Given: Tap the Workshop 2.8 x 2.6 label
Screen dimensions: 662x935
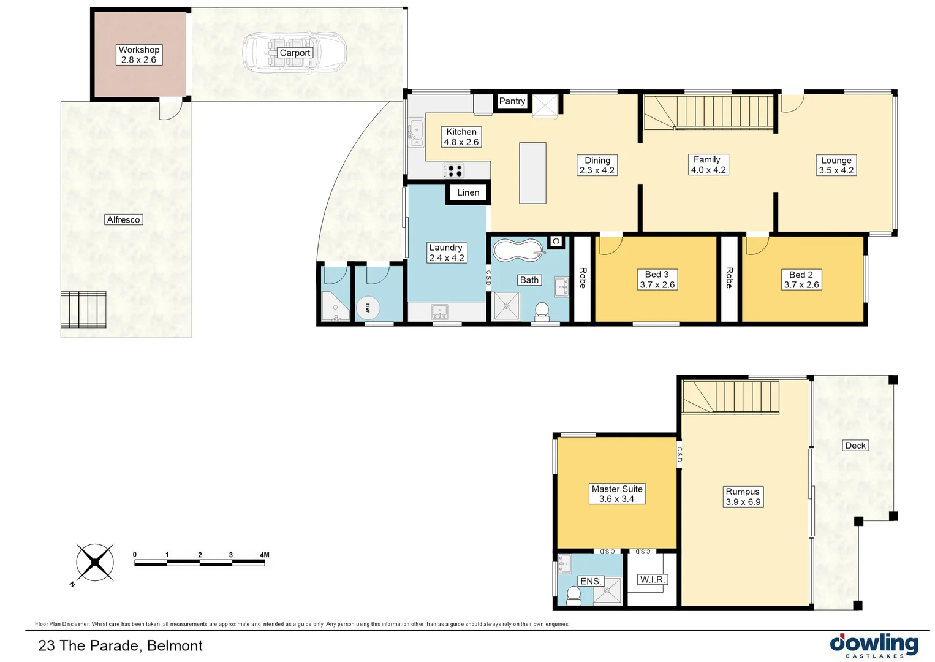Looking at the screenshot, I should point(139,55).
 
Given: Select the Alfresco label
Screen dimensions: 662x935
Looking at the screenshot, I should point(123,219).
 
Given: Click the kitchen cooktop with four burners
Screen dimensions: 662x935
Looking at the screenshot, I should point(453,170).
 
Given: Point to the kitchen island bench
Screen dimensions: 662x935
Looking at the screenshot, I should point(532,173).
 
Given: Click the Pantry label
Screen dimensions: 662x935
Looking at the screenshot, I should point(512,101).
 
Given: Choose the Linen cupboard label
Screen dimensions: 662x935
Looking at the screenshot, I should point(468,192).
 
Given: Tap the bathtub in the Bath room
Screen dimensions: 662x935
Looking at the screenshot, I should point(518,251).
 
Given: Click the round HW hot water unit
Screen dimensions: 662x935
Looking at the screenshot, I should point(368,308).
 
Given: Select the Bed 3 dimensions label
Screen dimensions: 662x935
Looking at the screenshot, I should point(657,280).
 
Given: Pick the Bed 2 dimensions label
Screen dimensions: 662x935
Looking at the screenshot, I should point(801,280).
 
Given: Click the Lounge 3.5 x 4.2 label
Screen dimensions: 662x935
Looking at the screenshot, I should point(836,165).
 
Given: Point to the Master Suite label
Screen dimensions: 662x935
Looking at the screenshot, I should point(617,493).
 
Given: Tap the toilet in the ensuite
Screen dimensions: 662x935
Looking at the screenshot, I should point(573,595).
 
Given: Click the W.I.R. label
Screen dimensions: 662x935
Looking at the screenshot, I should point(652,579).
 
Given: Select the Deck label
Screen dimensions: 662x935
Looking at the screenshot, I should point(855,446).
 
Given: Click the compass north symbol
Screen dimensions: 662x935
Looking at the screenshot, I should point(95,562).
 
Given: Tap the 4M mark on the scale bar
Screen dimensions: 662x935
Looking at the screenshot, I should point(264,555).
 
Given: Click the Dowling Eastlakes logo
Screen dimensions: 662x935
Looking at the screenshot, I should point(874,645).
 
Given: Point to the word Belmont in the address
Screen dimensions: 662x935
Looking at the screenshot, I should point(175,645).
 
